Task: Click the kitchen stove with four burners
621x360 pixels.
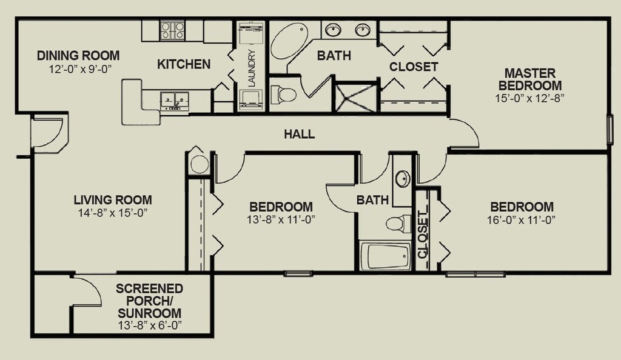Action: (172, 31)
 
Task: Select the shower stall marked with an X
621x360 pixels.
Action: (355, 97)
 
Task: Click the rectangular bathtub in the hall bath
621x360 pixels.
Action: (386, 256)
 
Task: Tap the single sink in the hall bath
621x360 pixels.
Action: (403, 179)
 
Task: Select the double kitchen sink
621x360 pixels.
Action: (175, 100)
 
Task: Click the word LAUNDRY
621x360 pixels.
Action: (252, 68)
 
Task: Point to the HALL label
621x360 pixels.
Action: (300, 134)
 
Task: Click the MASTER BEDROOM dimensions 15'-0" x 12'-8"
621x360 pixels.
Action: (529, 98)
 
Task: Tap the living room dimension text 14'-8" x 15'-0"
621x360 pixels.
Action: (113, 213)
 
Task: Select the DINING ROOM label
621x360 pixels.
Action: (78, 55)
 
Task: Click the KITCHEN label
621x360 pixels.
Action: (184, 64)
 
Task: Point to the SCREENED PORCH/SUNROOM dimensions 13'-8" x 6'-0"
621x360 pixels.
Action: (150, 325)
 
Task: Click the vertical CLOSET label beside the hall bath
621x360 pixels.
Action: (423, 235)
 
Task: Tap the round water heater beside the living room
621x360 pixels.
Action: (199, 164)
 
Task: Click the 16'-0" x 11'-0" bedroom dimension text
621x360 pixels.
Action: (522, 219)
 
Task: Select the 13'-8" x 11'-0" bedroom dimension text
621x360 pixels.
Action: (281, 219)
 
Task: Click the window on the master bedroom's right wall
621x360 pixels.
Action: (610, 129)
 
